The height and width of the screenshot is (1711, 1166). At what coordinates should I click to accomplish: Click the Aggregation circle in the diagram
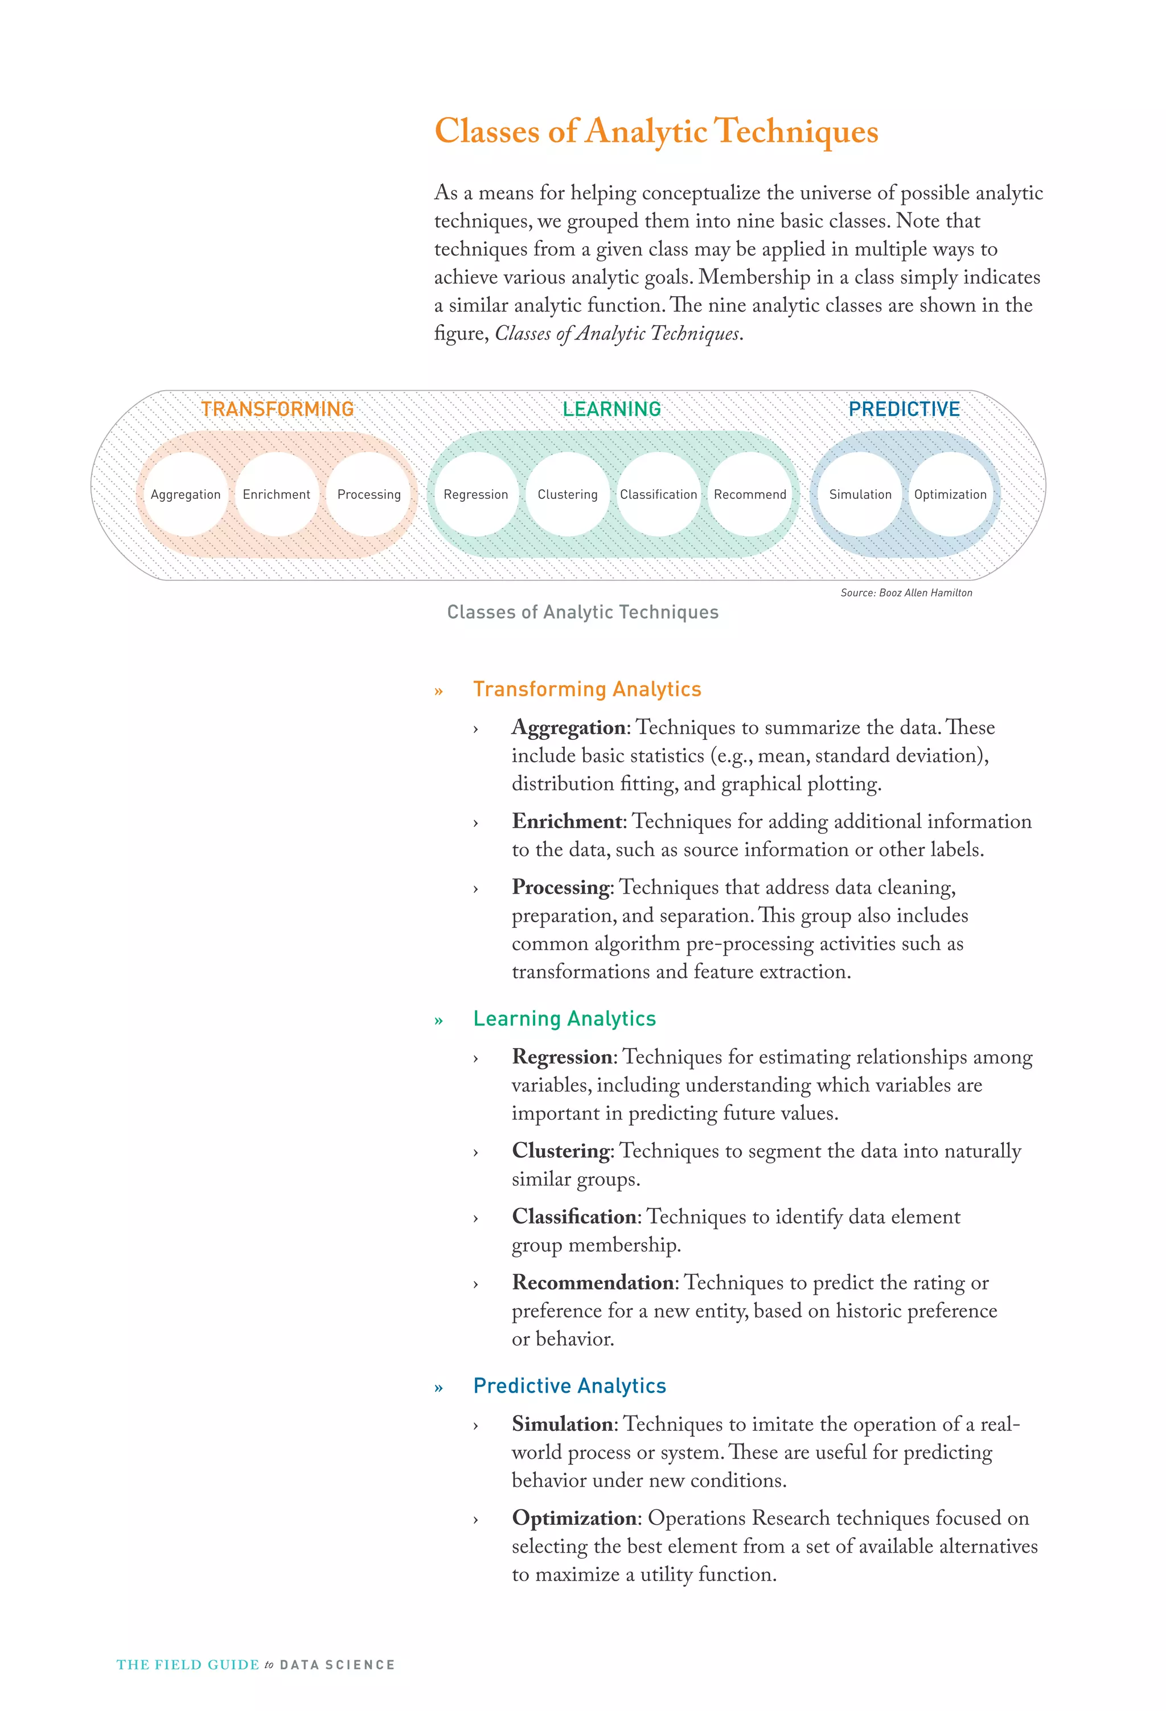click(x=186, y=494)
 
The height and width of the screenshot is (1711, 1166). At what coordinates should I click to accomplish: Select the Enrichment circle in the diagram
click(x=277, y=494)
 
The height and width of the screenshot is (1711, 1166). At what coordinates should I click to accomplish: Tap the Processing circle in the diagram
click(x=369, y=494)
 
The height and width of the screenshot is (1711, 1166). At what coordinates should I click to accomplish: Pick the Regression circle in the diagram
click(x=475, y=494)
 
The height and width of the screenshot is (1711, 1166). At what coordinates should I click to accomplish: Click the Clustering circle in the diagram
click(x=568, y=494)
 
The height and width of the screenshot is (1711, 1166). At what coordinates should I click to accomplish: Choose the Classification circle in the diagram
click(x=658, y=494)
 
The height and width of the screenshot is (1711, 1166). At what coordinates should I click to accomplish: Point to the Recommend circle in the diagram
click(x=750, y=494)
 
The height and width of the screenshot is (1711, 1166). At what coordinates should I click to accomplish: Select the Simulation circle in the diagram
click(x=860, y=494)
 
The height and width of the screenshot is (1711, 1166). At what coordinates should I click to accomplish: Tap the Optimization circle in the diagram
click(x=950, y=494)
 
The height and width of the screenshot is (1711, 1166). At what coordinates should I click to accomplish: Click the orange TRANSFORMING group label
click(x=277, y=410)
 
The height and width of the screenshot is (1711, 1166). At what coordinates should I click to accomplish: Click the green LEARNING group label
click(x=611, y=410)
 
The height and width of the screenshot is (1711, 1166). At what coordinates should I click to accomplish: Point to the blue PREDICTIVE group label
click(x=904, y=410)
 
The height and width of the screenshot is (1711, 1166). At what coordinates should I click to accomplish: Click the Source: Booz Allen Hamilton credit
click(x=906, y=593)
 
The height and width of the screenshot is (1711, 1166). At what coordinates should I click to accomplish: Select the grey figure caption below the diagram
click(x=582, y=612)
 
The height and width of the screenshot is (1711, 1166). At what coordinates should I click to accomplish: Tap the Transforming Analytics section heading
click(x=586, y=689)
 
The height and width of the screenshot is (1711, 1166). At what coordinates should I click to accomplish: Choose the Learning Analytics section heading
click(x=564, y=1018)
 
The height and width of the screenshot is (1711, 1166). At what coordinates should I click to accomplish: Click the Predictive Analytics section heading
click(x=569, y=1386)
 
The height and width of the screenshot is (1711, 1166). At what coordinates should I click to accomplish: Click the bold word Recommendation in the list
click(x=593, y=1283)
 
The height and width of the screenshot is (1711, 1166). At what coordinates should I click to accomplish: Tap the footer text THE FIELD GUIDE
click(x=188, y=1665)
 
